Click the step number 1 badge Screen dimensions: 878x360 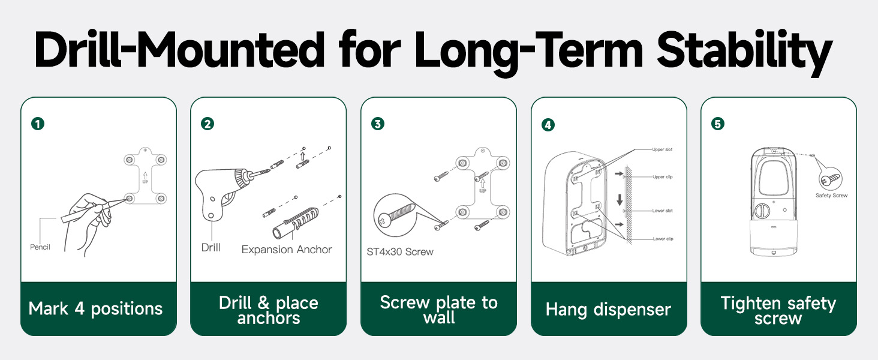coord(38,124)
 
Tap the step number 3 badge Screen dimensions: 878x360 coord(377,124)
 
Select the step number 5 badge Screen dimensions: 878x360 coord(718,124)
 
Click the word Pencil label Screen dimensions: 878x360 coord(40,247)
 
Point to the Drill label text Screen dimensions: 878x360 coord(211,247)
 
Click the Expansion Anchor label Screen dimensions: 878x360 coord(287,250)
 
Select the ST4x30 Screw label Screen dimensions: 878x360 coord(400,252)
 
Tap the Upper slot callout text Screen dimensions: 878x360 coord(663,149)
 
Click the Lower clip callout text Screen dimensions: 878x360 coord(663,239)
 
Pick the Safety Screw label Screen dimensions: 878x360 coord(831,195)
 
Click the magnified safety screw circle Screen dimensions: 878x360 coord(831,179)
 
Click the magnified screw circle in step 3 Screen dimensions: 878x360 coord(395,215)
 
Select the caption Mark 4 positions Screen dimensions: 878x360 coord(95,308)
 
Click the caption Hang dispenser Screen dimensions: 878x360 coord(608,310)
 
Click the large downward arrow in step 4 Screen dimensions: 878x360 coord(620,200)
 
